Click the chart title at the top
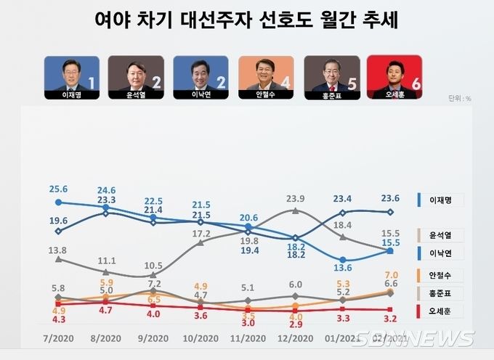click(x=246, y=20)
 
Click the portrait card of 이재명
click(x=73, y=77)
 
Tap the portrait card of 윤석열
click(x=136, y=77)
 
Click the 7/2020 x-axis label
click(x=59, y=339)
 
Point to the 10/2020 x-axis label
click(x=200, y=339)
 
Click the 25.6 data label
click(x=58, y=189)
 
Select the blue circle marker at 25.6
click(x=58, y=202)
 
